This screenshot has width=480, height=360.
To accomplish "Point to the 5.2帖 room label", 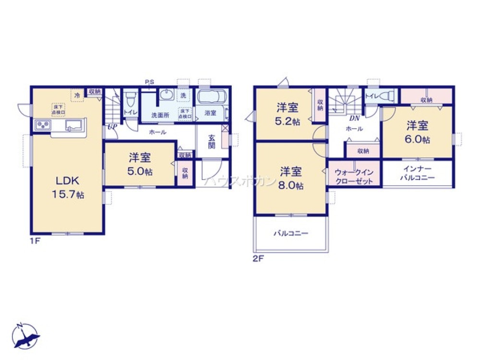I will (x=288, y=114).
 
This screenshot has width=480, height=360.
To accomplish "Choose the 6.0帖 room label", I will (x=418, y=132).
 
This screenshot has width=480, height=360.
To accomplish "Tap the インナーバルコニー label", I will (x=418, y=174).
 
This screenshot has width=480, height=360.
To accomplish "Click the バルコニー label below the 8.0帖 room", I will (x=291, y=234).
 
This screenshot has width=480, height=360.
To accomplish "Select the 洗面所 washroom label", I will (x=160, y=115).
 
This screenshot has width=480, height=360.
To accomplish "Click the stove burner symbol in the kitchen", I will (x=42, y=125).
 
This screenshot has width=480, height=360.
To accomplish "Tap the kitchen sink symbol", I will (x=72, y=126).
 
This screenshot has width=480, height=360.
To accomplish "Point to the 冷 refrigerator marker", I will (x=77, y=96).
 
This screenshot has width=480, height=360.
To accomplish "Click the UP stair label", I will (x=111, y=127).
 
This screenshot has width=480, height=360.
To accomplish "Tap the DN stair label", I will (x=354, y=118).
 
